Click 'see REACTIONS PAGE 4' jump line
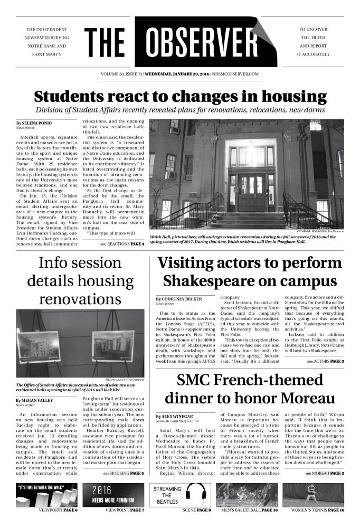coord(122,244)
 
